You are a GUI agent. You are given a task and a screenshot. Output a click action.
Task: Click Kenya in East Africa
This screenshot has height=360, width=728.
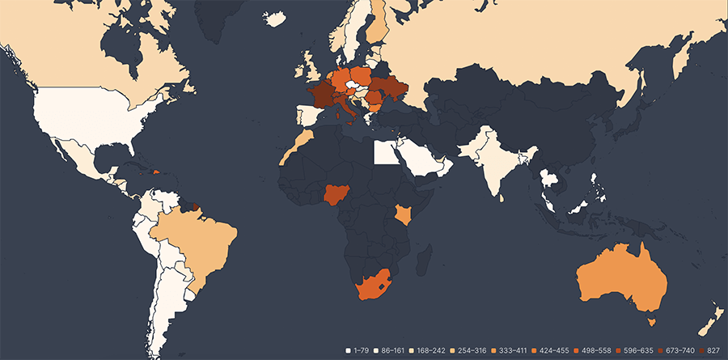[x=403, y=214]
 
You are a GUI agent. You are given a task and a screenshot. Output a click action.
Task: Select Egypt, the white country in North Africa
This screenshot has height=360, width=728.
[x=385, y=153]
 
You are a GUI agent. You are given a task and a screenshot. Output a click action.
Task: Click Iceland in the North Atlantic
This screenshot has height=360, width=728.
[x=275, y=19]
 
